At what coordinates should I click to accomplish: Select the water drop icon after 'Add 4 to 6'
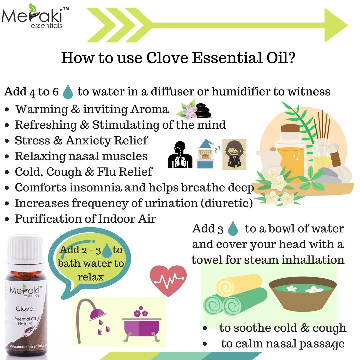pos(68,92)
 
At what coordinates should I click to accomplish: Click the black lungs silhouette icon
pos(180,154)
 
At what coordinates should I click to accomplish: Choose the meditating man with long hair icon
pos(234,154)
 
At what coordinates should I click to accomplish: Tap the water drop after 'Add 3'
pos(233,229)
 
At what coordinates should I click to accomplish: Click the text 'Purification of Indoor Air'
pos(85,219)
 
